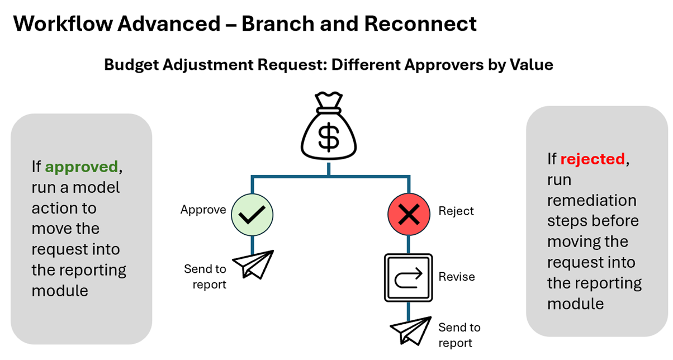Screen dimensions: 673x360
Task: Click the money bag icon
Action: pyautogui.click(x=329, y=126)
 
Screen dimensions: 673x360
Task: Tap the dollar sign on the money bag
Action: pyautogui.click(x=329, y=137)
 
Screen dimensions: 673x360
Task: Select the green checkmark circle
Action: pyautogui.click(x=252, y=215)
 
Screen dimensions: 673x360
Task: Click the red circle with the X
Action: pyautogui.click(x=409, y=214)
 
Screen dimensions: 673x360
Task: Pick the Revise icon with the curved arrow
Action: pyautogui.click(x=409, y=278)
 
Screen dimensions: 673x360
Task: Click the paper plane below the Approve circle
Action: pyautogui.click(x=253, y=264)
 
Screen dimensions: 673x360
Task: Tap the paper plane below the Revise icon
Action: pyautogui.click(x=411, y=330)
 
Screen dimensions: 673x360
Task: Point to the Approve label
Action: pyautogui.click(x=203, y=210)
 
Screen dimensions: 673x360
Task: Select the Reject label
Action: pyautogui.click(x=456, y=211)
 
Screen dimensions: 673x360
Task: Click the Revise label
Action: pyautogui.click(x=457, y=277)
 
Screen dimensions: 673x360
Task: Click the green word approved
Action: pyautogui.click(x=82, y=167)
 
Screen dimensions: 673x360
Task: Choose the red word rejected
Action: pyautogui.click(x=593, y=159)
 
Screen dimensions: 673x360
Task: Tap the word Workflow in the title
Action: pyautogui.click(x=63, y=23)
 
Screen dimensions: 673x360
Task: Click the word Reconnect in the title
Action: pyautogui.click(x=420, y=23)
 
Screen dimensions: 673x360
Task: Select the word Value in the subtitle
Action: pyautogui.click(x=531, y=64)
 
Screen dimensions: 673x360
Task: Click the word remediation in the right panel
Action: pyautogui.click(x=592, y=201)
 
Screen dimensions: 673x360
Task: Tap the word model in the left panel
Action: pyautogui.click(x=96, y=187)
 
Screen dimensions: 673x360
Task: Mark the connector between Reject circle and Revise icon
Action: pyautogui.click(x=409, y=244)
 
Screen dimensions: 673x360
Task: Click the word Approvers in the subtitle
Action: pyautogui.click(x=444, y=65)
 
